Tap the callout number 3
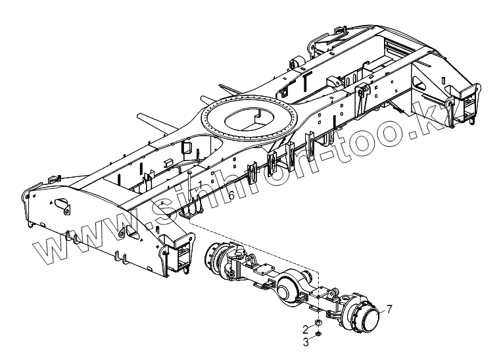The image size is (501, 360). point(304,342)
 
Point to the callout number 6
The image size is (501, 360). point(231,196)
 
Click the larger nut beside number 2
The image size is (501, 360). point(317,324)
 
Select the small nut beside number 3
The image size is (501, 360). point(318,334)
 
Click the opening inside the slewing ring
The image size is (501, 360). point(241,122)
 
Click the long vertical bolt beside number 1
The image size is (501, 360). point(189,191)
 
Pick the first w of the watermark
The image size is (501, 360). point(45,250)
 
